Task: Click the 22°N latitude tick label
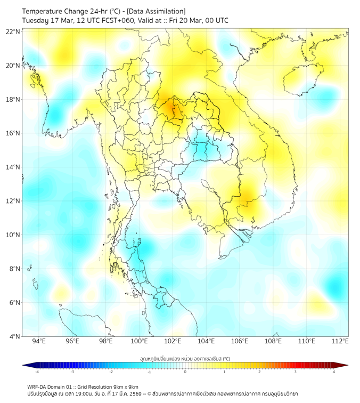point(13,31)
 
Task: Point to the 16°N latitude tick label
point(13,133)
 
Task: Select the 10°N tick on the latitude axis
point(13,235)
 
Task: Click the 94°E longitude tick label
point(39,341)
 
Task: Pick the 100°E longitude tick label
point(140,341)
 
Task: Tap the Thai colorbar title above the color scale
point(185,359)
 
